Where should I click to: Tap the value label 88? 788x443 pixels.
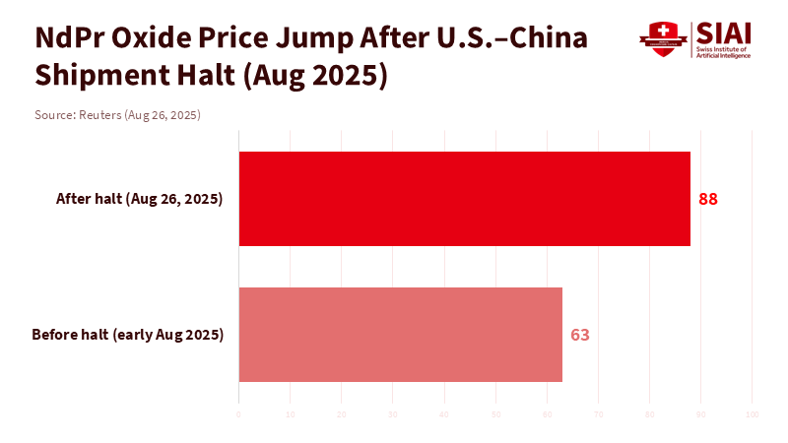(x=708, y=199)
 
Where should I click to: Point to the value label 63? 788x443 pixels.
(x=580, y=335)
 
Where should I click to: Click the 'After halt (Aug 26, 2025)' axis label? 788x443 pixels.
(x=140, y=199)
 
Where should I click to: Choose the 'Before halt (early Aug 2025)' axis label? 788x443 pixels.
(x=128, y=335)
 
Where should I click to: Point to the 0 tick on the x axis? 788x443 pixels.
(x=239, y=413)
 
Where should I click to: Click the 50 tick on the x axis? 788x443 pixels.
(x=495, y=413)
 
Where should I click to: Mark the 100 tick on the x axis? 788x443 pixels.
(x=752, y=413)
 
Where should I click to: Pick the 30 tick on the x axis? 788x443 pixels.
(x=393, y=413)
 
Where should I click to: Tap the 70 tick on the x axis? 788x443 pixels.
(x=598, y=413)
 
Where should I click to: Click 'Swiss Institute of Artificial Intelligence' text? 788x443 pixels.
(x=723, y=52)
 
